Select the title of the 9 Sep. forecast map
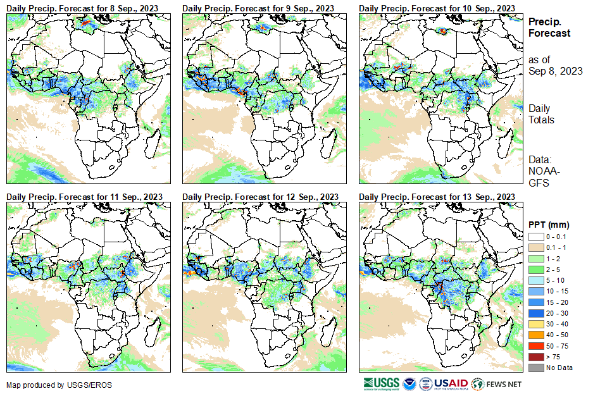(258, 8)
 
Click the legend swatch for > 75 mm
(535, 357)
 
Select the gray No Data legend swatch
(535, 368)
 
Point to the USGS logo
(381, 383)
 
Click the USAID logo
(451, 383)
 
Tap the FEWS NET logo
(497, 383)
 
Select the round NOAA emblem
(409, 383)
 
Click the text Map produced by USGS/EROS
(44, 385)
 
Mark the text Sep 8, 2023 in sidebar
(555, 71)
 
